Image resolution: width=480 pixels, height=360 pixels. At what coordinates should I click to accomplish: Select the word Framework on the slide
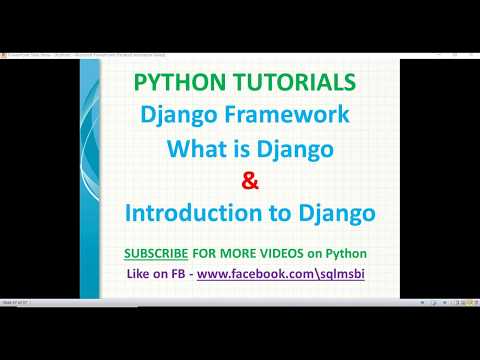coord(288,114)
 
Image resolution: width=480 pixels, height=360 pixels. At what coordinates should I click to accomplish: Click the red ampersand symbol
coord(249,181)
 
